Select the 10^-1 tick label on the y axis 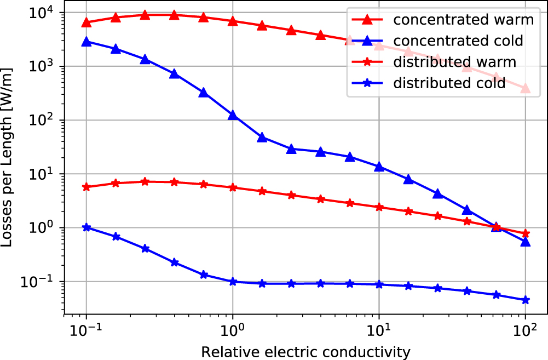pyautogui.click(x=43, y=282)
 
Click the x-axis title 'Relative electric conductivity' pyautogui.click(x=305, y=351)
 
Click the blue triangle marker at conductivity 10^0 pyautogui.click(x=233, y=116)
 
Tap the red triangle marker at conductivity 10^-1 pyautogui.click(x=86, y=22)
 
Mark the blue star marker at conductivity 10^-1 pyautogui.click(x=86, y=227)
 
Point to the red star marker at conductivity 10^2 pyautogui.click(x=526, y=233)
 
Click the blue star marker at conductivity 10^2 pyautogui.click(x=526, y=300)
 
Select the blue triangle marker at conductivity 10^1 pyautogui.click(x=379, y=167)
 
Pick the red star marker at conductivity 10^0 pyautogui.click(x=233, y=187)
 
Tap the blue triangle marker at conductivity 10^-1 pyautogui.click(x=86, y=42)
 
